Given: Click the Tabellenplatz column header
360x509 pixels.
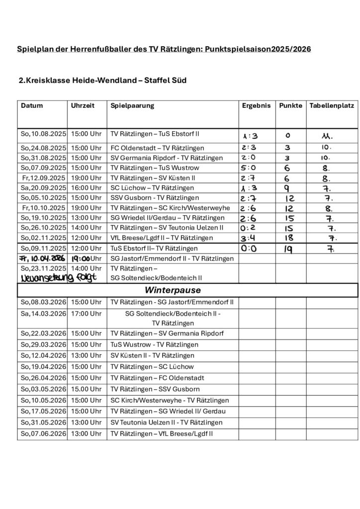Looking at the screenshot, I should click(332, 106).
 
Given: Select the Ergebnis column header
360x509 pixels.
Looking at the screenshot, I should click(256, 106).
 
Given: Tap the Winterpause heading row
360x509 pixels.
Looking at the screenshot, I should click(187, 289).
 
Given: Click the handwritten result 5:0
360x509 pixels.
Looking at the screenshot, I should click(248, 168).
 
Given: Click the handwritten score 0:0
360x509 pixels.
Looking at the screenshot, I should click(248, 248).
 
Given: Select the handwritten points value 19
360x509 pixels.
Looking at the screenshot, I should click(288, 249).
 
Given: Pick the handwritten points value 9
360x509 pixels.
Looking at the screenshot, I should click(287, 188).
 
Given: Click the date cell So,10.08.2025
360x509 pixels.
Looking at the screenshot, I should click(43, 134).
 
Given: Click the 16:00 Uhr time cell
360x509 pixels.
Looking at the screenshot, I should click(87, 188).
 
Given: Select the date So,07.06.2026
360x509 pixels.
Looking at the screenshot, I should click(43, 434).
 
